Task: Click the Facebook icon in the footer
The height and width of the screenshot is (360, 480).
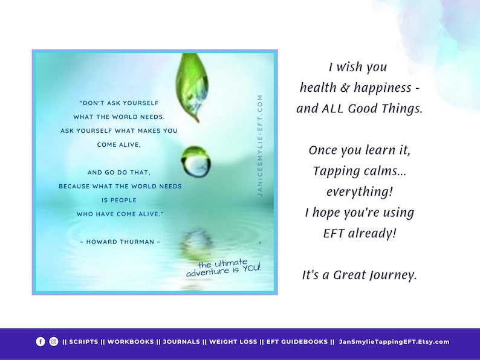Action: (x=41, y=341)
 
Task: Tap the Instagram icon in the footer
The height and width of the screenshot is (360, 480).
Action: (x=54, y=341)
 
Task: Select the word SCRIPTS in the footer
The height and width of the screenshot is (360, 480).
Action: (x=83, y=342)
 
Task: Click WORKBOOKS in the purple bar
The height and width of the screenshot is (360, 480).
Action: (x=131, y=342)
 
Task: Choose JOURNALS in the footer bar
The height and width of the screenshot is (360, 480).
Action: (x=181, y=342)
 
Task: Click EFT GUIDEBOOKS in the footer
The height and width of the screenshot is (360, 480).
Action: (x=296, y=342)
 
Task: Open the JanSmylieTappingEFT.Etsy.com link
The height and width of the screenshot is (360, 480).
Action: (x=394, y=342)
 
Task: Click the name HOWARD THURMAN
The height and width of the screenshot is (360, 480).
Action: (x=120, y=242)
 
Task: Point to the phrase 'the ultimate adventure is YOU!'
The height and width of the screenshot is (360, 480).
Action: (x=224, y=267)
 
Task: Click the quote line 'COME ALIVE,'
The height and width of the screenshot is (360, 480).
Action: (x=119, y=145)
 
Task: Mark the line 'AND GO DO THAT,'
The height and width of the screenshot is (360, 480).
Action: (x=119, y=172)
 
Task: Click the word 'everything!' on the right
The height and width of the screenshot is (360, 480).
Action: (x=359, y=191)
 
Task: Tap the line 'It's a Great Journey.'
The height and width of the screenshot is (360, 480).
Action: (x=359, y=275)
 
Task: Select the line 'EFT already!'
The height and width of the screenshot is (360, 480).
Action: (x=359, y=233)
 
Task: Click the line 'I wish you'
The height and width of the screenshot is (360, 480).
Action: (x=358, y=67)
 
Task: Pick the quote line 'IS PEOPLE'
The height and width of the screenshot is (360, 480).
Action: (x=120, y=200)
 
